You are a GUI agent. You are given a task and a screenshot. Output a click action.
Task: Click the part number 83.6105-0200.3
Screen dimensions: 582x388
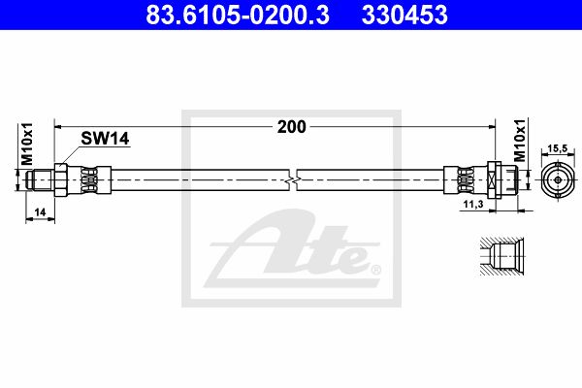point(238,15)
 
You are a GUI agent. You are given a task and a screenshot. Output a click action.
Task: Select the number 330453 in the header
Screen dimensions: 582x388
point(404,15)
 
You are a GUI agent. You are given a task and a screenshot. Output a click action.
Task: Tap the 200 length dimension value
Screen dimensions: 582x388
point(292,127)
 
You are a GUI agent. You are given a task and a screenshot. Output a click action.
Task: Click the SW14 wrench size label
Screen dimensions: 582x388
point(105,139)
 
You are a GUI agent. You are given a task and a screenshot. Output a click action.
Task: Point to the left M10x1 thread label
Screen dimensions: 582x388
point(27,145)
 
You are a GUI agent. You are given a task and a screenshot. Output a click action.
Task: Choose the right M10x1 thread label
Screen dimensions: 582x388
point(520,141)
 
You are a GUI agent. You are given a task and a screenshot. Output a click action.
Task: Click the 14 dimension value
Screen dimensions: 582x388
point(40,212)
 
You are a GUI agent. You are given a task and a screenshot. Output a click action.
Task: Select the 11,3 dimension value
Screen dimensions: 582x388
point(473,204)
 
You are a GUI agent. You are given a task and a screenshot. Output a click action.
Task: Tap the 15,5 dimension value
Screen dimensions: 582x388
point(558,148)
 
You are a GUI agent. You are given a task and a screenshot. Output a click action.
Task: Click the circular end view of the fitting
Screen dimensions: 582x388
point(558,180)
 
